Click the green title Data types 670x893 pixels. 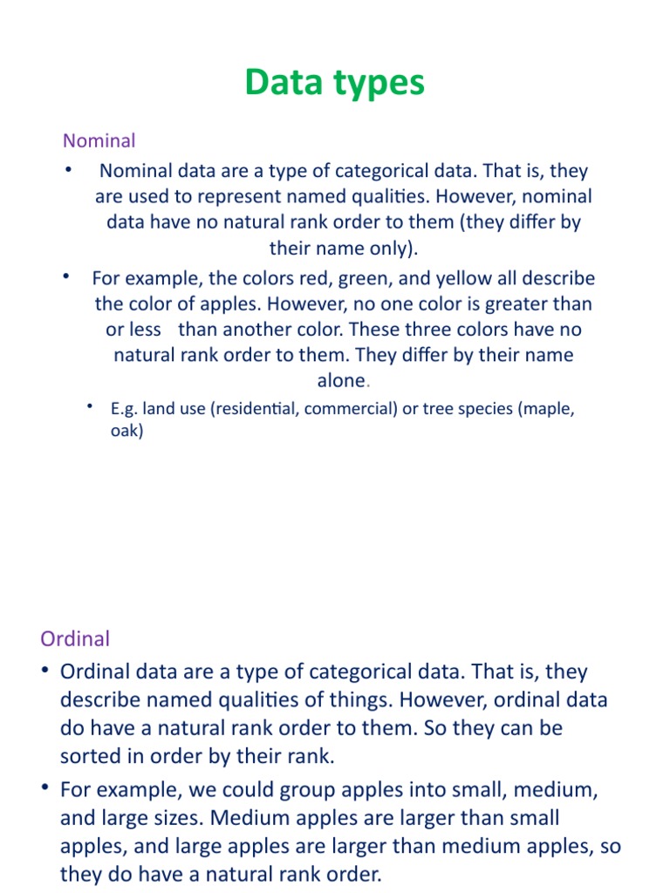[x=334, y=83]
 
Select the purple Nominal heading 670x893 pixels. [x=99, y=140]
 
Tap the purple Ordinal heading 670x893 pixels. [x=75, y=638]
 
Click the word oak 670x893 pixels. [x=126, y=431]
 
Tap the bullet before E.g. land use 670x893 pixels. [x=91, y=407]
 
